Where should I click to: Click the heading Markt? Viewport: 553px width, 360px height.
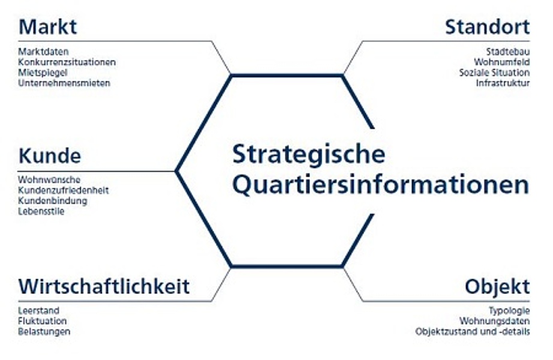[47, 27]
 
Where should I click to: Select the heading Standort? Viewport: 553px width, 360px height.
[488, 27]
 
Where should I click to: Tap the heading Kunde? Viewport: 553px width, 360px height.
[50, 156]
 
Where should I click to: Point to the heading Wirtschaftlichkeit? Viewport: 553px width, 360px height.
[104, 286]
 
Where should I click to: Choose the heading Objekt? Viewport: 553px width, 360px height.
[497, 286]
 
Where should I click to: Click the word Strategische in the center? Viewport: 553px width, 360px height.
[309, 155]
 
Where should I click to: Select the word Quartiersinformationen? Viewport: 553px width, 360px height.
[381, 185]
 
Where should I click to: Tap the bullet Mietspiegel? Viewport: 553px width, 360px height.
[43, 73]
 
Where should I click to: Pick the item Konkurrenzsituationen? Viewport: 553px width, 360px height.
[67, 62]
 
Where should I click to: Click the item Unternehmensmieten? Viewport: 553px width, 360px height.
[64, 83]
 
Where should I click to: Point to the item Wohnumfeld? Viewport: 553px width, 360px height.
[502, 62]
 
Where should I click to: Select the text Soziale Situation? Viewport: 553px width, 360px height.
[494, 73]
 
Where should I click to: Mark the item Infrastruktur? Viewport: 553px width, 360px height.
[503, 83]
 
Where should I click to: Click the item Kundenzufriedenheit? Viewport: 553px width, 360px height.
[64, 191]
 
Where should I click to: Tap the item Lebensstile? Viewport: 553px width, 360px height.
[41, 211]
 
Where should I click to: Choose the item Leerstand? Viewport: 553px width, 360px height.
[39, 311]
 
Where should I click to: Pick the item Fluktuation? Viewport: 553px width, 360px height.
[43, 321]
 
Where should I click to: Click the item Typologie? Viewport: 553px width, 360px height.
[509, 311]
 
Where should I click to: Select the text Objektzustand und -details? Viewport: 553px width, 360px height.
[473, 332]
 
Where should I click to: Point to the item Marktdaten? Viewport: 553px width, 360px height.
[43, 52]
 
